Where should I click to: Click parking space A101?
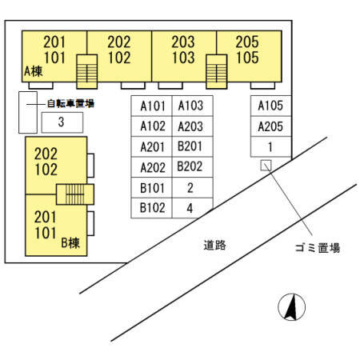(x=151, y=106)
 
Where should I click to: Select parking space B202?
(x=192, y=167)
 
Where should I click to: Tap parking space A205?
(x=270, y=126)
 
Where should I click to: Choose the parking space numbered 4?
(x=191, y=208)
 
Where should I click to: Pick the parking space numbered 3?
(x=62, y=122)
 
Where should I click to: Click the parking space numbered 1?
(x=270, y=146)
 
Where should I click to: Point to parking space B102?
(x=151, y=208)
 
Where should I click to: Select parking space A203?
(x=192, y=126)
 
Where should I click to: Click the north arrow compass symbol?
(x=291, y=307)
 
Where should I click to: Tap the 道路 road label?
(x=214, y=246)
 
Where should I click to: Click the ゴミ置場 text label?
(x=318, y=248)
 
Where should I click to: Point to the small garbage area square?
(x=266, y=166)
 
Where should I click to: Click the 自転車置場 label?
(x=70, y=103)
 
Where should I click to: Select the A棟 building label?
(x=33, y=71)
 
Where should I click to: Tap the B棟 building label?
(x=70, y=242)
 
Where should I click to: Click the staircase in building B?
(x=75, y=194)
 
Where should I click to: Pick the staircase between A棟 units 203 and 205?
(x=217, y=72)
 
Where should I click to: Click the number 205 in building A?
(x=247, y=42)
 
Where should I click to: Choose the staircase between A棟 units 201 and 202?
(x=87, y=72)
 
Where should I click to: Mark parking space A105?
(x=270, y=106)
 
